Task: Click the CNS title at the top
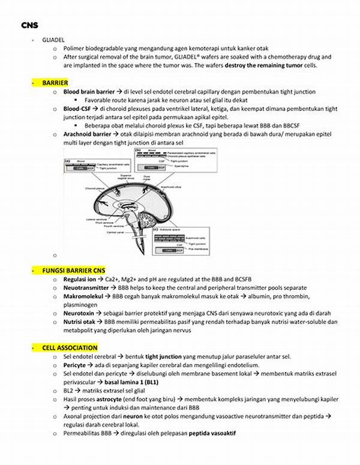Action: point(28,25)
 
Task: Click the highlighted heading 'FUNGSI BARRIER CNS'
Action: point(73,271)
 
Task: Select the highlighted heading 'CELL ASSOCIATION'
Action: point(70,347)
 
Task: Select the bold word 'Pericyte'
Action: point(76,365)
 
